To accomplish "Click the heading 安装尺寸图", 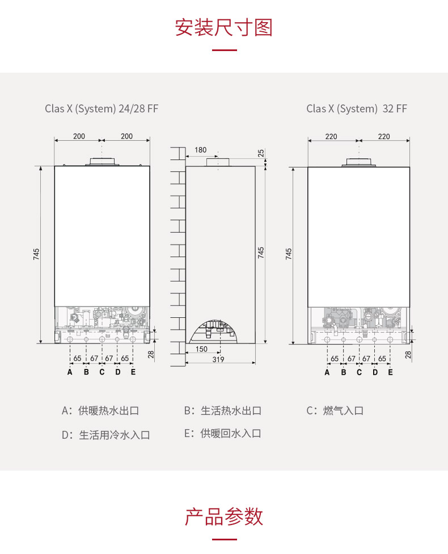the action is click(223, 27).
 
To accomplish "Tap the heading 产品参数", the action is click(223, 517).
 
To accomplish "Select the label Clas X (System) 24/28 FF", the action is click(102, 108).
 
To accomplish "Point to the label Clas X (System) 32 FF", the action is click(357, 108).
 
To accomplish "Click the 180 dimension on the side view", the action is click(200, 150).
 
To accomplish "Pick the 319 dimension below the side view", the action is click(218, 359).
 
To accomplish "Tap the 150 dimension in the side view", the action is click(201, 349).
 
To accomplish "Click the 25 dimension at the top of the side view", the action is click(261, 153).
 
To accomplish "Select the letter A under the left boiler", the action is click(70, 372).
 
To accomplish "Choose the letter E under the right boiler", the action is click(390, 372).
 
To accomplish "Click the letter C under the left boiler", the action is click(102, 372).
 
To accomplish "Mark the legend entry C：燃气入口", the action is click(335, 410).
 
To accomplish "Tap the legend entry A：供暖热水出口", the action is click(100, 410).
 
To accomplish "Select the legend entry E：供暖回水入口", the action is click(222, 434).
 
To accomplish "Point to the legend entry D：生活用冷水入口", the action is click(106, 435).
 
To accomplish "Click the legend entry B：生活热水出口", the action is click(222, 410).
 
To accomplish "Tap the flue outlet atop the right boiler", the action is click(358, 162).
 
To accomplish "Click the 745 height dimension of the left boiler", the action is click(36, 254).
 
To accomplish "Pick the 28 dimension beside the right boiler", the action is click(408, 354).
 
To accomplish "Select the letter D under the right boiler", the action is click(375, 372).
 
